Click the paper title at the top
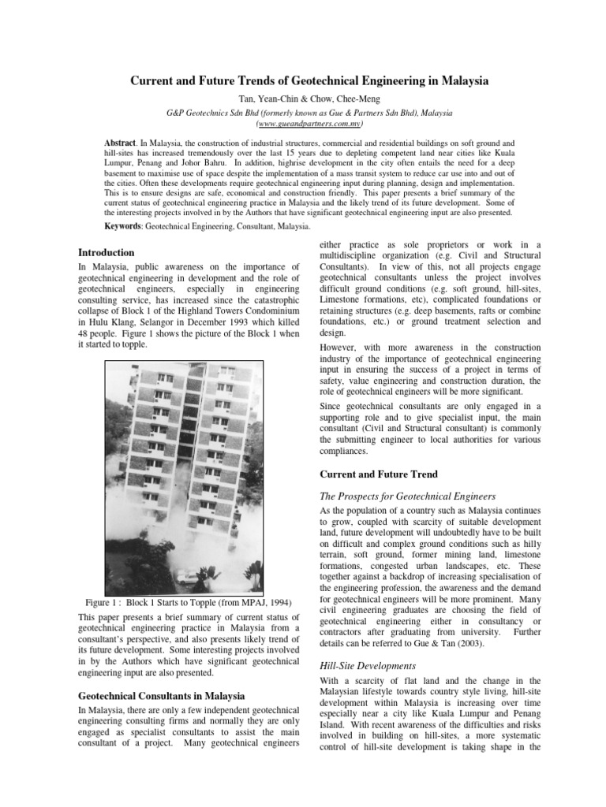click(x=309, y=81)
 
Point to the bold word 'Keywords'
click(x=127, y=226)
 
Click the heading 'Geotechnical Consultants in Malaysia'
click(x=161, y=696)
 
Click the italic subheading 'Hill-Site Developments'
click(x=368, y=665)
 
